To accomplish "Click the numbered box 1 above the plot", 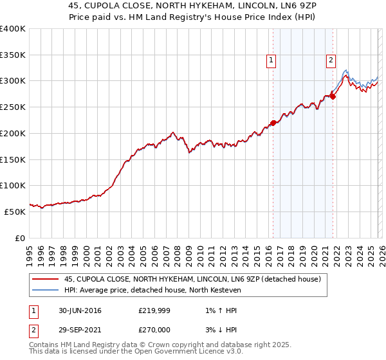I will (x=271, y=61).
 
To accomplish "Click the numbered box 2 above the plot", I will (x=331, y=61).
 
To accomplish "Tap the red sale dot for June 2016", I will (x=273, y=122).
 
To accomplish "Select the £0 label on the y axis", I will (x=19, y=238).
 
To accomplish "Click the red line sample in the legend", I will (x=46, y=279).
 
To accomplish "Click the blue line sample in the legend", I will (x=46, y=290).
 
